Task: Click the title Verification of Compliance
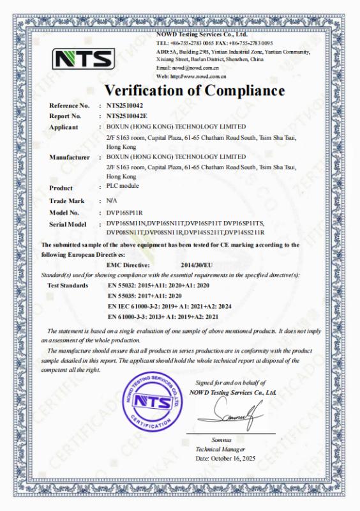[x=194, y=89]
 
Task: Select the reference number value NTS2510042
[x=124, y=105]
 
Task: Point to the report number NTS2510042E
[x=126, y=116]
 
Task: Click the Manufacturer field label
[x=68, y=157]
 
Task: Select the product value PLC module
[x=124, y=186]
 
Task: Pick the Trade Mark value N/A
[x=112, y=201]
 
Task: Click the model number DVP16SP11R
[x=124, y=212]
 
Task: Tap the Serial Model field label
[x=68, y=225]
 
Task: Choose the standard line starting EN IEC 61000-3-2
[x=169, y=307]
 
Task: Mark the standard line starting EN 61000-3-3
[x=164, y=317]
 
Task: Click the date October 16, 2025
[x=226, y=459]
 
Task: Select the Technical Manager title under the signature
[x=218, y=450]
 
